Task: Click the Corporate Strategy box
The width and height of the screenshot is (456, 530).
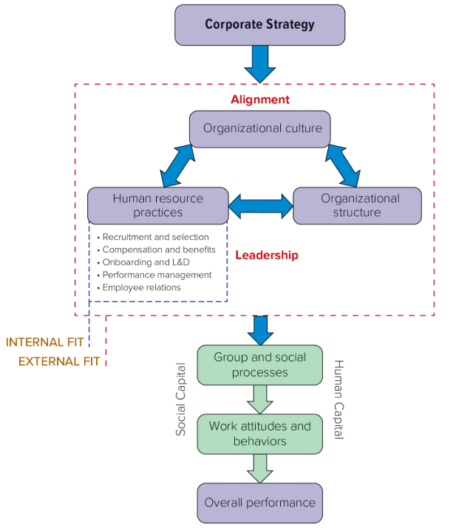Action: tap(259, 24)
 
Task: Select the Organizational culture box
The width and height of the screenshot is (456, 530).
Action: tap(262, 128)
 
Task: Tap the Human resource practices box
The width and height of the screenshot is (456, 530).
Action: tap(157, 205)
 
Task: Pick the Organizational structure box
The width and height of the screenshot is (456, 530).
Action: tap(360, 205)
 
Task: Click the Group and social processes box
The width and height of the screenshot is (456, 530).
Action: tap(259, 365)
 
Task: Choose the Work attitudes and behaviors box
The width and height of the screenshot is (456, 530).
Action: tap(259, 433)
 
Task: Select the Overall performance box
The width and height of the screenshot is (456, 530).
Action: tap(259, 503)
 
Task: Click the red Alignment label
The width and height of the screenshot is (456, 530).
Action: tap(259, 100)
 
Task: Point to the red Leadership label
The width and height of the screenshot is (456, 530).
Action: tap(267, 255)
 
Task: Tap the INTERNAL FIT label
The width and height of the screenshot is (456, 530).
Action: tap(45, 343)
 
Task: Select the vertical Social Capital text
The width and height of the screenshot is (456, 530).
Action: tap(181, 399)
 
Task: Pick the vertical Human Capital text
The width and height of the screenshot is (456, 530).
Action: tap(338, 399)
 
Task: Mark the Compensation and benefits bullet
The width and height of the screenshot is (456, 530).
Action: tap(158, 249)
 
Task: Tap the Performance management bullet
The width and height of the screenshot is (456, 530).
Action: tap(157, 275)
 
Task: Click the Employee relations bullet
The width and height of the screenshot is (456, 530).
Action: tap(141, 287)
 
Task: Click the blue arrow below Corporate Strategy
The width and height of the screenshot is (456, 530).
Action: tap(259, 63)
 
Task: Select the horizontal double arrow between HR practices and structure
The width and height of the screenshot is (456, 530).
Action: tap(260, 206)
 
